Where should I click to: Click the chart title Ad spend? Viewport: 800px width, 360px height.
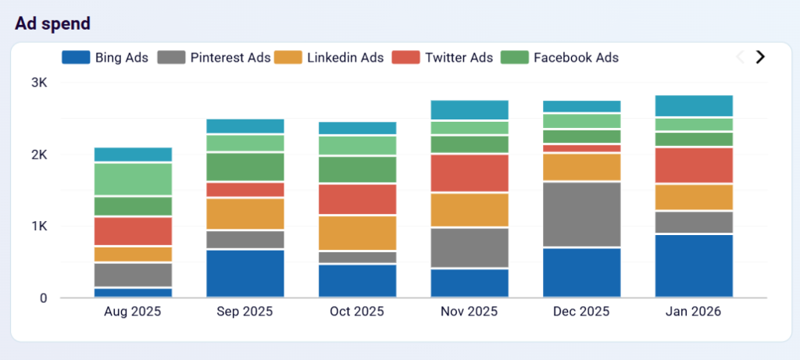(x=52, y=23)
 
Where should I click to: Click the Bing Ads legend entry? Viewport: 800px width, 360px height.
(x=105, y=57)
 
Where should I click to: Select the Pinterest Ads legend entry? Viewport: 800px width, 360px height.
(x=214, y=57)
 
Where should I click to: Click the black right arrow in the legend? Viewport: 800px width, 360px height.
(x=759, y=57)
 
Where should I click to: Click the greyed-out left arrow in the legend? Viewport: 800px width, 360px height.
(x=740, y=57)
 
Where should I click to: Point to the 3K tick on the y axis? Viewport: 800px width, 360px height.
(x=39, y=83)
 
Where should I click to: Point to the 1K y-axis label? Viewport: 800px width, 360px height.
(x=39, y=226)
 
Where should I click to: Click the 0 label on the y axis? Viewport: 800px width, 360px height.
(x=43, y=298)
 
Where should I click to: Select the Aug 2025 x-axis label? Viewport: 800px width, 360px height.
(x=132, y=312)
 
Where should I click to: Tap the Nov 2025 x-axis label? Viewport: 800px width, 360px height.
(x=470, y=312)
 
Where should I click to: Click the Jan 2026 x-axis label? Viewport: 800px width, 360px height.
(x=693, y=312)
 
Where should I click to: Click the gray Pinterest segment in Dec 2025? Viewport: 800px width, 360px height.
(x=582, y=215)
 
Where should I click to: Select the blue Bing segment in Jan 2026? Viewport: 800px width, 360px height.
(x=694, y=266)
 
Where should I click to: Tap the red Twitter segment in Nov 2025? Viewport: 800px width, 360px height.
(x=470, y=173)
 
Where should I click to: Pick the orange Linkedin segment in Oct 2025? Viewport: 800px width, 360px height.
(x=357, y=233)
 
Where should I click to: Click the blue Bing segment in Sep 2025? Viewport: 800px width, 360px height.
(x=245, y=273)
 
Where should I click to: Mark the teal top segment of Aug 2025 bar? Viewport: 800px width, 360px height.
(x=133, y=154)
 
